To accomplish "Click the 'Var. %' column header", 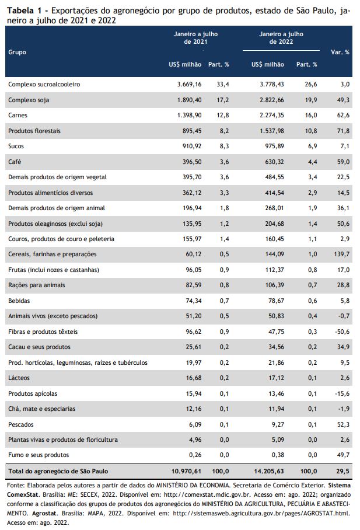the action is click(x=340, y=52).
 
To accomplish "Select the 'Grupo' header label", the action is click(x=18, y=52).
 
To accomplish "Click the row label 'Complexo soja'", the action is click(x=29, y=100).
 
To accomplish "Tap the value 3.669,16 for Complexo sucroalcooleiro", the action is click(x=189, y=84).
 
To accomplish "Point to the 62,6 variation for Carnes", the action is click(x=343, y=115).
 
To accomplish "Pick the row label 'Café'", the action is click(x=15, y=162).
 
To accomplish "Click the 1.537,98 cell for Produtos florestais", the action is click(x=272, y=131).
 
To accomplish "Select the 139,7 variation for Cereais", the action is click(x=342, y=254).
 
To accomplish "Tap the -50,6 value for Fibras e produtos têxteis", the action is click(x=342, y=332).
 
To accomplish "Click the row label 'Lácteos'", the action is click(x=19, y=378).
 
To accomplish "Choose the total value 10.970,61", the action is click(x=186, y=471).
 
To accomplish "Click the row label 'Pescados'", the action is click(x=21, y=424).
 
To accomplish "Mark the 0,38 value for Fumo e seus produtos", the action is click(x=278, y=455).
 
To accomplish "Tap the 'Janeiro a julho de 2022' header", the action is click(x=281, y=38).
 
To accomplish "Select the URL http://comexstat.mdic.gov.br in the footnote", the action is click(x=207, y=494).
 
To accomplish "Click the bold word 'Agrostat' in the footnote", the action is click(x=45, y=513).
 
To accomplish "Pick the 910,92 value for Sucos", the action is click(x=192, y=147).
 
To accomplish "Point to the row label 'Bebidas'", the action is click(x=19, y=301).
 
